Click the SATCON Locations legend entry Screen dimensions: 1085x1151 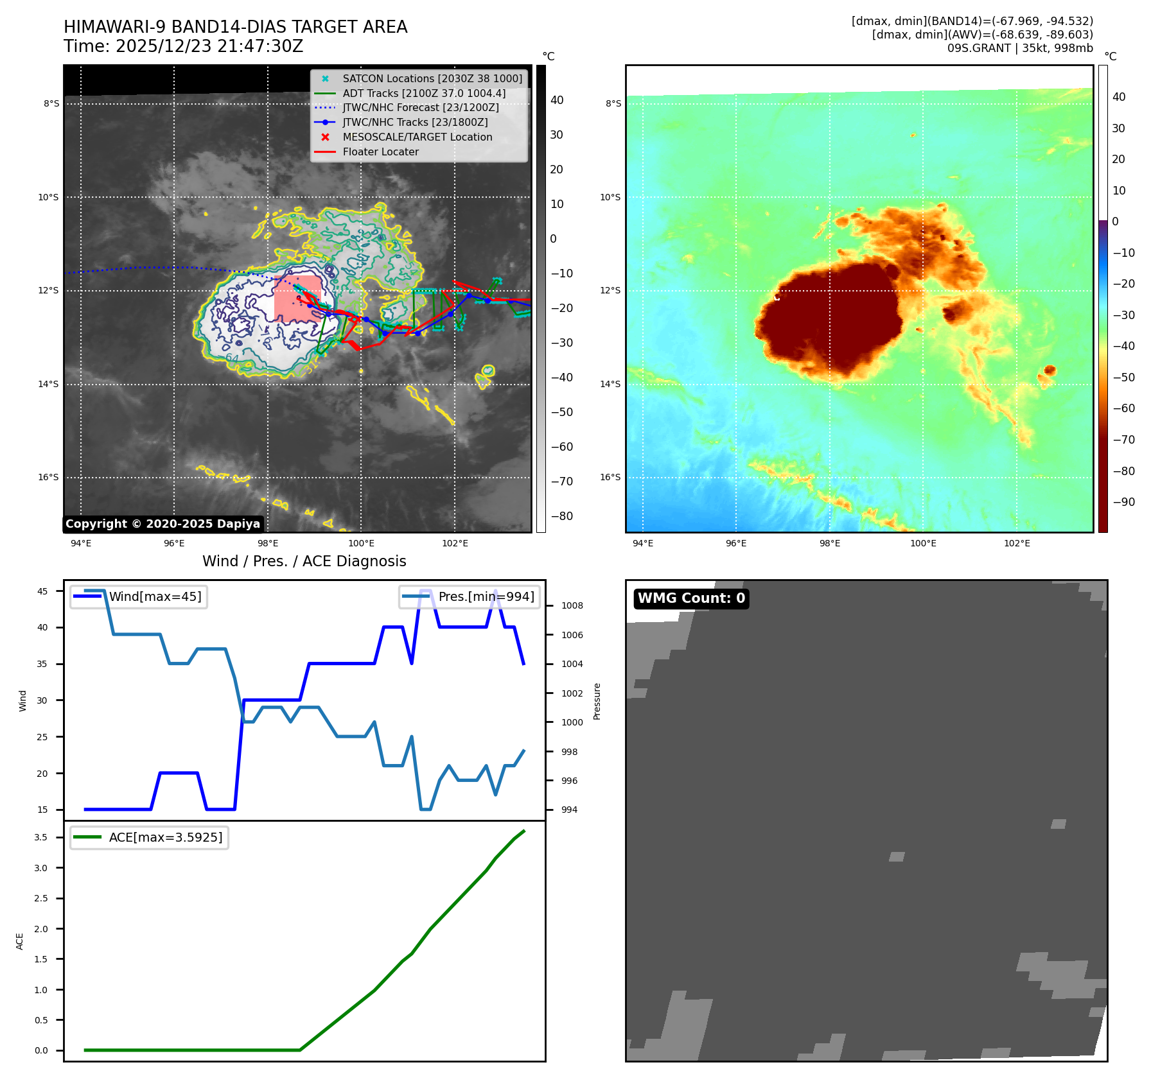(x=432, y=78)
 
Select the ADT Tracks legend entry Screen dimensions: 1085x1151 (x=424, y=93)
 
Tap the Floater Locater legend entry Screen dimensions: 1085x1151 (x=380, y=152)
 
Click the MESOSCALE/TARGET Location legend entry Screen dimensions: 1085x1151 (x=417, y=137)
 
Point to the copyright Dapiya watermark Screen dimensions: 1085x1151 (x=163, y=524)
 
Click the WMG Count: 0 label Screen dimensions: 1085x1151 (x=691, y=598)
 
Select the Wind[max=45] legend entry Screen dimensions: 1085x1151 (x=155, y=596)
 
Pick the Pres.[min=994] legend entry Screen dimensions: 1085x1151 (x=486, y=596)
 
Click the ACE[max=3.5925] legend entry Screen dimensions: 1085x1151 (x=165, y=837)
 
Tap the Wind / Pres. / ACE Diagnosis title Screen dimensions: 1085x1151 (x=304, y=561)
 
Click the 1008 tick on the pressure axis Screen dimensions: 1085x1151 (x=572, y=605)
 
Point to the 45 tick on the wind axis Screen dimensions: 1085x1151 (x=42, y=591)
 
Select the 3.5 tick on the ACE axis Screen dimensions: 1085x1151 (x=41, y=837)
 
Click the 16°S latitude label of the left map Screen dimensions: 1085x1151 (x=48, y=477)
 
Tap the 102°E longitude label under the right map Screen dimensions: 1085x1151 (x=1017, y=543)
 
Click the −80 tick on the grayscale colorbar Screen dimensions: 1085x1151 (x=561, y=516)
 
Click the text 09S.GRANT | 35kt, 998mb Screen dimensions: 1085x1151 (x=1020, y=48)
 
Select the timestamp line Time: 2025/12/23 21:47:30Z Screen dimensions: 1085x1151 (x=183, y=46)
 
